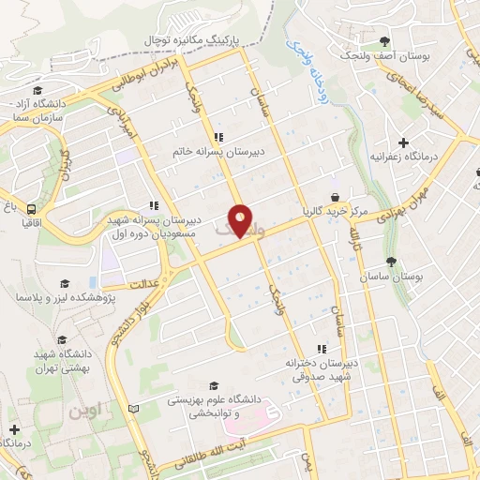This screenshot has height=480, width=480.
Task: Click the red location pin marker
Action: click(x=241, y=220)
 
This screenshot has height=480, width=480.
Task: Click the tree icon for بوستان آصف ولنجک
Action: click(x=385, y=40)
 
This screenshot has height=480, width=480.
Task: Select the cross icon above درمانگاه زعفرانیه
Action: click(x=403, y=142)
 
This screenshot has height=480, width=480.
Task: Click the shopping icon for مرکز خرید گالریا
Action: click(x=335, y=196)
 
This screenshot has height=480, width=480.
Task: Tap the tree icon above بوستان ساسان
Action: click(x=391, y=262)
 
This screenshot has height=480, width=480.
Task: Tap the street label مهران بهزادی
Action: click(x=376, y=209)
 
